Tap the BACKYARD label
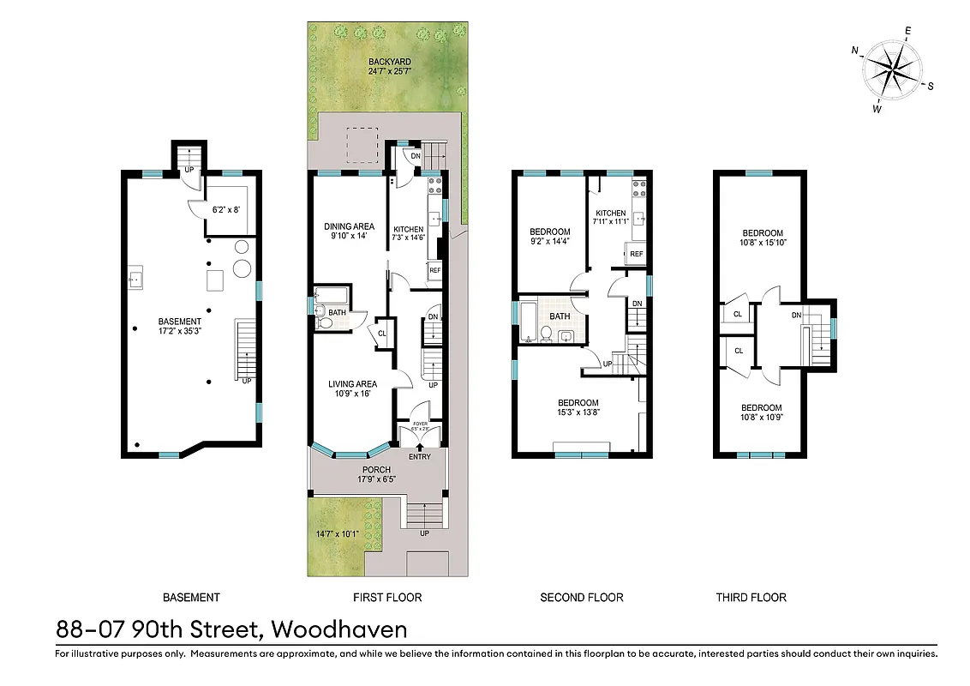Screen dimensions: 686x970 390,67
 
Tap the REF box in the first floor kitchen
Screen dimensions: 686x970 434,271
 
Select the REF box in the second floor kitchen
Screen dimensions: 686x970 636,254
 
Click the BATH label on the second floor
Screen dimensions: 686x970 560,316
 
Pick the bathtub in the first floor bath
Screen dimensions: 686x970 331,296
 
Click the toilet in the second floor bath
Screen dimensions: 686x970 545,335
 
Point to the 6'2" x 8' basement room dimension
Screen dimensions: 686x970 227,208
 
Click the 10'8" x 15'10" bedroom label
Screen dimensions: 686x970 762,238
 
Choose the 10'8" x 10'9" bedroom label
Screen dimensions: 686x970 762,412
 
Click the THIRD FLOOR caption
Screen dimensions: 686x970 751,597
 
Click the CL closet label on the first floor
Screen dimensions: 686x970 381,334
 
